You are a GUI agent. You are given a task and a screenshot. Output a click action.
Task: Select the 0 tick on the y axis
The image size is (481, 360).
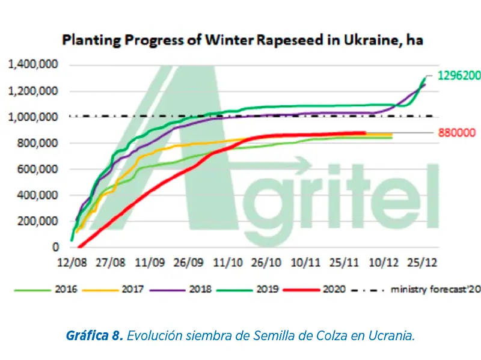click(56, 247)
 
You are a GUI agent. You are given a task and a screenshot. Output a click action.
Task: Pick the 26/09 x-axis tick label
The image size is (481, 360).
click(189, 263)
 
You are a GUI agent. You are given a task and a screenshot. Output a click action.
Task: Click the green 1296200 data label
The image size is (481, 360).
click(459, 76)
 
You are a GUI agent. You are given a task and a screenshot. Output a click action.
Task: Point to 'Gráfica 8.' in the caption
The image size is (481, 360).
click(94, 334)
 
